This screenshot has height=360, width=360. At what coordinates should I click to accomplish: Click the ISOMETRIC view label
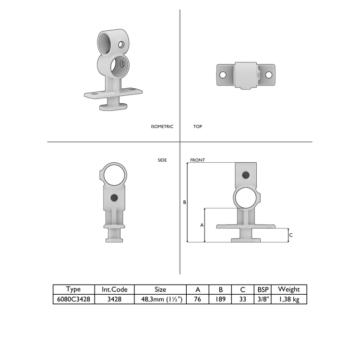[x=162, y=127]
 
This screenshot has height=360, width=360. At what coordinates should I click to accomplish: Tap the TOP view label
[x=198, y=127]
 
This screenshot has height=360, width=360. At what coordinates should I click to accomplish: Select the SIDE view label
[x=162, y=160]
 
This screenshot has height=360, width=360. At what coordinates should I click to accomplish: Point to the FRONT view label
[x=197, y=160]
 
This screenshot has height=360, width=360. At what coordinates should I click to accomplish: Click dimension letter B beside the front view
[x=184, y=203]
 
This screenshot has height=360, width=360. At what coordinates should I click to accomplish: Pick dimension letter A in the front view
[x=202, y=225]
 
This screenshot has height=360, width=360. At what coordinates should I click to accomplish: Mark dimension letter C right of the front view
[x=291, y=235]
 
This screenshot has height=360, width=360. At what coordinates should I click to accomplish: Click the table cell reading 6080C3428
[x=73, y=299]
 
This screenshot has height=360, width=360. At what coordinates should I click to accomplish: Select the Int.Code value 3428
[x=114, y=299]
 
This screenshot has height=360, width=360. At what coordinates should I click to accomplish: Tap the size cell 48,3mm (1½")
[x=161, y=299]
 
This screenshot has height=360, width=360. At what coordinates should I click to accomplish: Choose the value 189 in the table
[x=220, y=299]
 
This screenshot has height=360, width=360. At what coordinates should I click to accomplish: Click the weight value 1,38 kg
[x=289, y=299]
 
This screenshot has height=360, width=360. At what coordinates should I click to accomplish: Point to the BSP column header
[x=263, y=289]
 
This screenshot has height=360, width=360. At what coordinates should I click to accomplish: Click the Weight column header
[x=289, y=289]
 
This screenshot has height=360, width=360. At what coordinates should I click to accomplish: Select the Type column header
[x=73, y=289]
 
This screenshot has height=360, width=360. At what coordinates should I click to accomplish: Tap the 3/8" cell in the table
[x=263, y=299]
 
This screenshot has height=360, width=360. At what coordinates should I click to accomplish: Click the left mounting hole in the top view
[x=223, y=75]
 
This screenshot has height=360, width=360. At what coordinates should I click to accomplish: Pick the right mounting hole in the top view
[x=269, y=75]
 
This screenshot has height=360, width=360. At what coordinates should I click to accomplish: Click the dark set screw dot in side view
[x=114, y=198]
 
